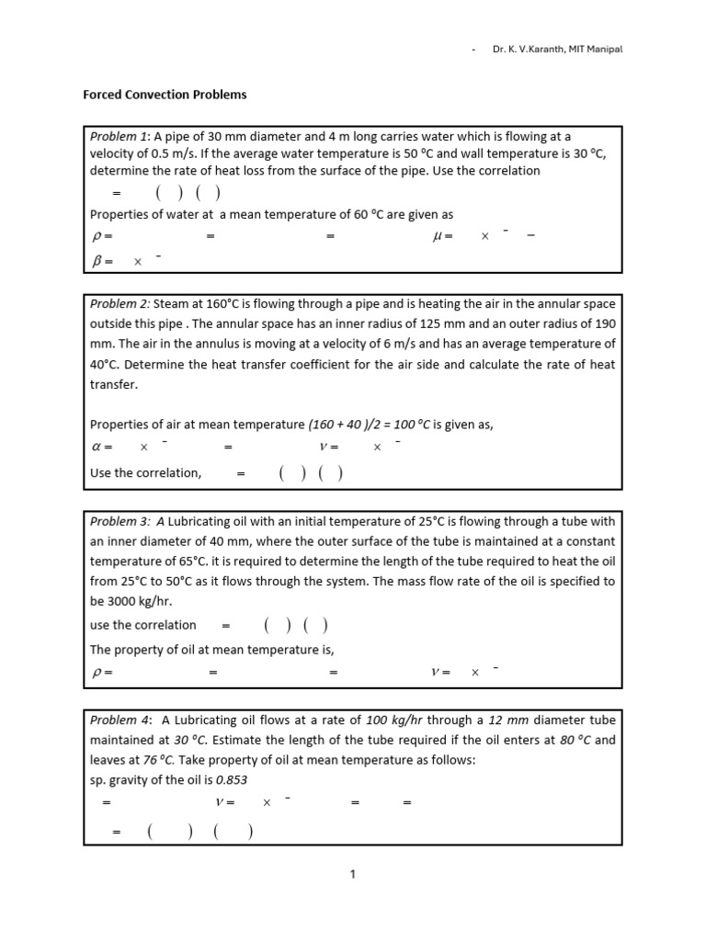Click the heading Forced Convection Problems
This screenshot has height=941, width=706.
(x=165, y=95)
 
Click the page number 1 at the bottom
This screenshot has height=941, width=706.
(x=352, y=874)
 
